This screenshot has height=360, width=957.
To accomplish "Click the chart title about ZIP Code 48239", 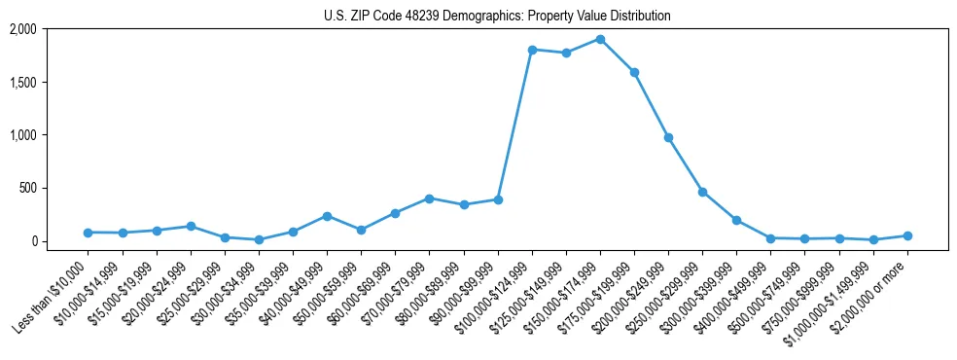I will point(497,17).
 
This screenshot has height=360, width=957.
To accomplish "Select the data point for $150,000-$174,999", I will point(600,40).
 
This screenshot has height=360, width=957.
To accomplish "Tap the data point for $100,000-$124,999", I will point(532,50).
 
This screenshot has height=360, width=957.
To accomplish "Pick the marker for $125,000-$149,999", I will point(566,53).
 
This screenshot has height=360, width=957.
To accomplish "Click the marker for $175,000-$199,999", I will point(634,72).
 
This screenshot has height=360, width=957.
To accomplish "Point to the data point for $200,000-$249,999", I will point(668,137).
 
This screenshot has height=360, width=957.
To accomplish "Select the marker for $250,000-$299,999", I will point(702,192).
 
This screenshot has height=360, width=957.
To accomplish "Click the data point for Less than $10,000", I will point(89,233).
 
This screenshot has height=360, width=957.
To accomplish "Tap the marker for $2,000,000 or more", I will point(907,235).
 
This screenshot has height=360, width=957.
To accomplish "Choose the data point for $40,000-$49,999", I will point(327,216).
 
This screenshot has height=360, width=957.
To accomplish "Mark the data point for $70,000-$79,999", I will point(429,198).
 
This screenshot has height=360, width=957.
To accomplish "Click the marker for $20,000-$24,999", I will point(191,226).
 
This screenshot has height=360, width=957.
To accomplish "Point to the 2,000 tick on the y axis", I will point(23,29).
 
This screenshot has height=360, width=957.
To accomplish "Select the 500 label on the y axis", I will point(28,188).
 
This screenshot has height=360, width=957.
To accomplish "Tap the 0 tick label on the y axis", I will point(34,241).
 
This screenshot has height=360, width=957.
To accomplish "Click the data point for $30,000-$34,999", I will point(259,239).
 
